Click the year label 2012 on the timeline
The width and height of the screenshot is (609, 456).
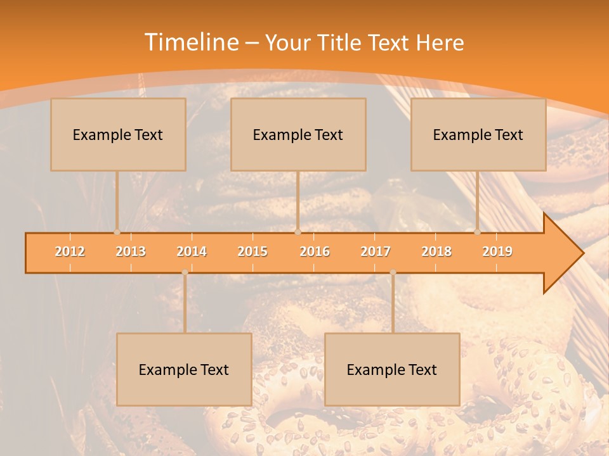point(70,251)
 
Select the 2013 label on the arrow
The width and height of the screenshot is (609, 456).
point(131,251)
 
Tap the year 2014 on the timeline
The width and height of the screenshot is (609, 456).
point(192,251)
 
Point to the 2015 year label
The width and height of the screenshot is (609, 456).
point(252,251)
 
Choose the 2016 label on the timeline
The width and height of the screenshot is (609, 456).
point(315,251)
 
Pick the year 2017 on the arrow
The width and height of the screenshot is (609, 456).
point(376,251)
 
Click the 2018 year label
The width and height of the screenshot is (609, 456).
point(436,251)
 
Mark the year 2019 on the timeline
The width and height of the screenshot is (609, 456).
point(497,251)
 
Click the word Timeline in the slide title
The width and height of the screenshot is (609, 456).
point(190,42)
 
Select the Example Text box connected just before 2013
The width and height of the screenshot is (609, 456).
point(118,134)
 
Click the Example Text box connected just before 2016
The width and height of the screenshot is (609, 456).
point(298,134)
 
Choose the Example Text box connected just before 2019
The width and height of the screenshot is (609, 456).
point(478,134)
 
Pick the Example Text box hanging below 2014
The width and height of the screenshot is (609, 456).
point(184,369)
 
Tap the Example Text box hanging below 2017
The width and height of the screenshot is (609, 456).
point(392,369)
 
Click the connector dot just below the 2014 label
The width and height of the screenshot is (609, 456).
point(185,272)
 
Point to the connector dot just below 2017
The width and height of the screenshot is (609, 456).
point(393,272)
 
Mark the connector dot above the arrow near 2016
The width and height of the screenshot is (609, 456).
point(298,232)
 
